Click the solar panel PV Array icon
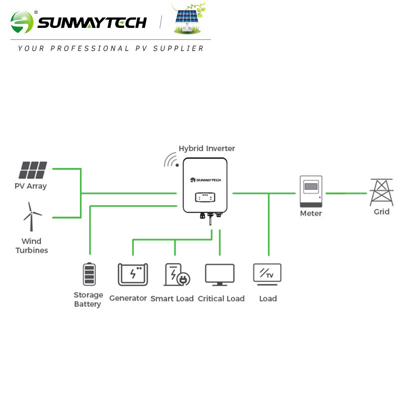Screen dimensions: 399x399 click(x=33, y=170)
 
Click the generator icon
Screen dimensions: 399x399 click(x=133, y=274)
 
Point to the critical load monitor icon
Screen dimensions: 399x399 click(x=219, y=275)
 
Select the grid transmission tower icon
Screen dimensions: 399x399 click(x=382, y=192)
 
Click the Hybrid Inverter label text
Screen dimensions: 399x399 click(x=206, y=148)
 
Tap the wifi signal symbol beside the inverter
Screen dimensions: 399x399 click(x=172, y=161)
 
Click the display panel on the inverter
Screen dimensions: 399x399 click(x=205, y=197)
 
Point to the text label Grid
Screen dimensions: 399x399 click(x=382, y=211)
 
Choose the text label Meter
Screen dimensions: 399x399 click(x=311, y=213)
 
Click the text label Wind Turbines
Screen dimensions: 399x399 click(x=31, y=246)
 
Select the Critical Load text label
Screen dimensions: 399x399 click(x=221, y=298)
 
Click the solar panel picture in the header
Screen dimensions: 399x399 click(x=189, y=20)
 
